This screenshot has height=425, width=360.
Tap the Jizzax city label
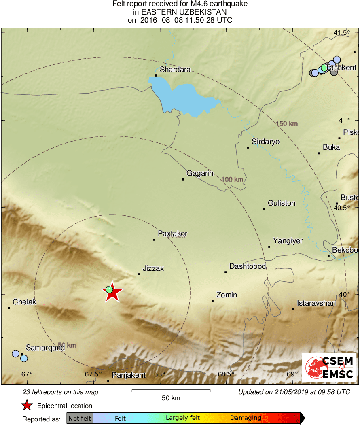click(x=153, y=268)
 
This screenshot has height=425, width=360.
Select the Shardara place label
click(x=175, y=70)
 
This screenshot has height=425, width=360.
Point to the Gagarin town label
click(x=200, y=173)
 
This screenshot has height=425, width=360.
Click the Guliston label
click(x=282, y=203)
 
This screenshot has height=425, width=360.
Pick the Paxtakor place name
click(x=172, y=234)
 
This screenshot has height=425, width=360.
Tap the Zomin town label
click(x=227, y=295)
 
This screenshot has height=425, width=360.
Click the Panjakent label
click(x=129, y=375)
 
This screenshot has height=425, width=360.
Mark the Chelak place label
click(x=24, y=302)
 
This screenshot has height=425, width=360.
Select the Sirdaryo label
click(x=265, y=142)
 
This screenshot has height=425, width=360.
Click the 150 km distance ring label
click(x=287, y=123)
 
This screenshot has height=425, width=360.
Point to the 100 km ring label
click(x=233, y=179)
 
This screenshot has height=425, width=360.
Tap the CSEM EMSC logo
click(x=329, y=368)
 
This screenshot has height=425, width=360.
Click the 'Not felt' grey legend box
click(x=80, y=418)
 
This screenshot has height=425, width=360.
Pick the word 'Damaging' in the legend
click(x=246, y=418)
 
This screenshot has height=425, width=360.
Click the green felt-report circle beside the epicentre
click(x=109, y=289)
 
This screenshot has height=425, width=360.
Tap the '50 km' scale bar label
click(x=170, y=398)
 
